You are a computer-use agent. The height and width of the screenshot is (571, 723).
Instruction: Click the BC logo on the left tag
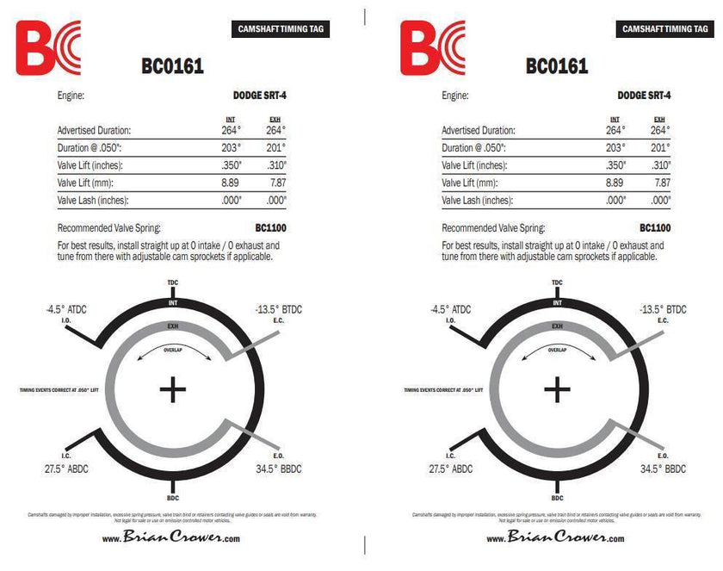pos(47,47)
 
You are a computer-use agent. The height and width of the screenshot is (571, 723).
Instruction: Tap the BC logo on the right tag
pos(432,47)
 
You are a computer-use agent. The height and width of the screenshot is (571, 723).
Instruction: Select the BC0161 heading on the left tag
pos(172,66)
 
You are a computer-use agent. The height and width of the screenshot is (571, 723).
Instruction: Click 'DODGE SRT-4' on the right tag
pos(644,96)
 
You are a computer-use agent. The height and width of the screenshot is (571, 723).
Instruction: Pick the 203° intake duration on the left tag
pos(230,148)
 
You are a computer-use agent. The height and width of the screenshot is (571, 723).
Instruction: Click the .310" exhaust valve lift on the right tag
pos(661,165)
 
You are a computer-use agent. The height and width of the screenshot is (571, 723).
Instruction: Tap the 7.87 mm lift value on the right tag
pos(661,183)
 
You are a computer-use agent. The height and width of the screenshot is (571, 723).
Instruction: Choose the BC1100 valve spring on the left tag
pos(270,228)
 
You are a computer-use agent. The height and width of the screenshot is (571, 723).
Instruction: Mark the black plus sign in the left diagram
pos(173,390)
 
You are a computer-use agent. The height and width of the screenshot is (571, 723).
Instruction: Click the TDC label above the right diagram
pos(557,282)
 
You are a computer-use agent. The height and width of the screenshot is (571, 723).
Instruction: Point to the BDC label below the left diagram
pos(173,498)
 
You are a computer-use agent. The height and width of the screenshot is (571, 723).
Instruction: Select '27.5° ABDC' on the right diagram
pos(450,469)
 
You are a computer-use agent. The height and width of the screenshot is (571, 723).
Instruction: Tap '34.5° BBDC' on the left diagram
pos(279,469)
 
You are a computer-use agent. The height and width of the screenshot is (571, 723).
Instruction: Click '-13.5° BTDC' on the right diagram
pos(663,309)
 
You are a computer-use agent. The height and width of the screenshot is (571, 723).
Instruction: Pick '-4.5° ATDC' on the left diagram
pos(66,309)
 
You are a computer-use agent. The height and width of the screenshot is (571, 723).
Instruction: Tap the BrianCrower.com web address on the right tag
pos(556,537)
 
